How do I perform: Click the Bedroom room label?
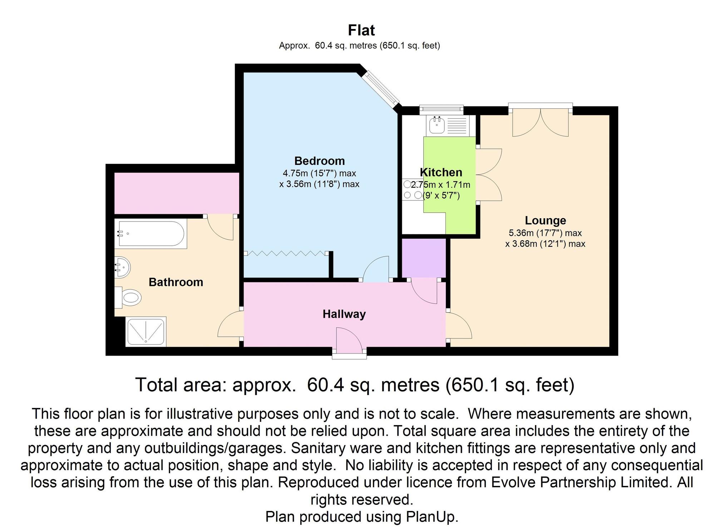(319, 161)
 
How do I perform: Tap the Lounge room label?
(545, 220)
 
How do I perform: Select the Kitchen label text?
(441, 172)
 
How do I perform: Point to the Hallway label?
(344, 314)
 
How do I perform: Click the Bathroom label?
(176, 282)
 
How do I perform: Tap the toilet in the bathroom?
(129, 297)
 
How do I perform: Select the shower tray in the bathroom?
(146, 331)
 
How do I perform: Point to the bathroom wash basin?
(122, 267)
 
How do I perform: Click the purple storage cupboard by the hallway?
(424, 258)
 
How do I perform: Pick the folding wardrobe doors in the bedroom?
(286, 253)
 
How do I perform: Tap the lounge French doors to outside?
(540, 122)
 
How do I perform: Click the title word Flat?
(361, 30)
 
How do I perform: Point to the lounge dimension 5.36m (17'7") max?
(545, 233)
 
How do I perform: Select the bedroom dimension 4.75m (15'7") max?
(319, 174)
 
